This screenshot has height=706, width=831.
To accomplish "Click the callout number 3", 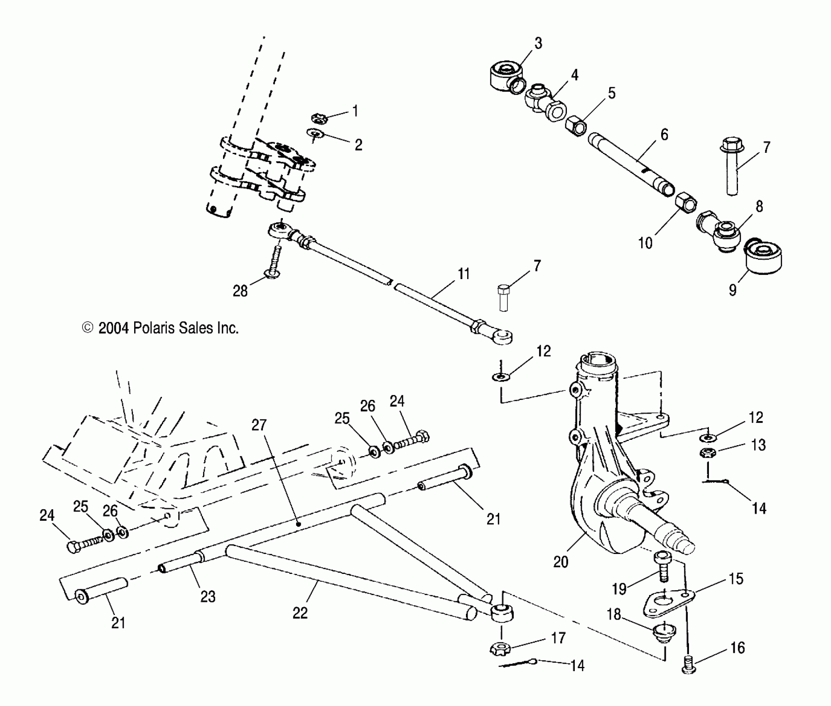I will (538, 43).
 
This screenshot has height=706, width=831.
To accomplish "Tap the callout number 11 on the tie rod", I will (463, 274).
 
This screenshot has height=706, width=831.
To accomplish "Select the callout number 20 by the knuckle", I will (561, 562).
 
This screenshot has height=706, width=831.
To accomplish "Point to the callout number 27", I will (259, 425).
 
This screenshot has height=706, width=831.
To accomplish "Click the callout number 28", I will (240, 291).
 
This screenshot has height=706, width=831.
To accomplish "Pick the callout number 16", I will (738, 648).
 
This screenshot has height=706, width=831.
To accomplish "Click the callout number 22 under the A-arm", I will (300, 613).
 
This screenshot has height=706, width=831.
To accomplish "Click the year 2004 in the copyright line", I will (114, 328).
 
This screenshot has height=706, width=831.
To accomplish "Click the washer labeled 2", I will (316, 133).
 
